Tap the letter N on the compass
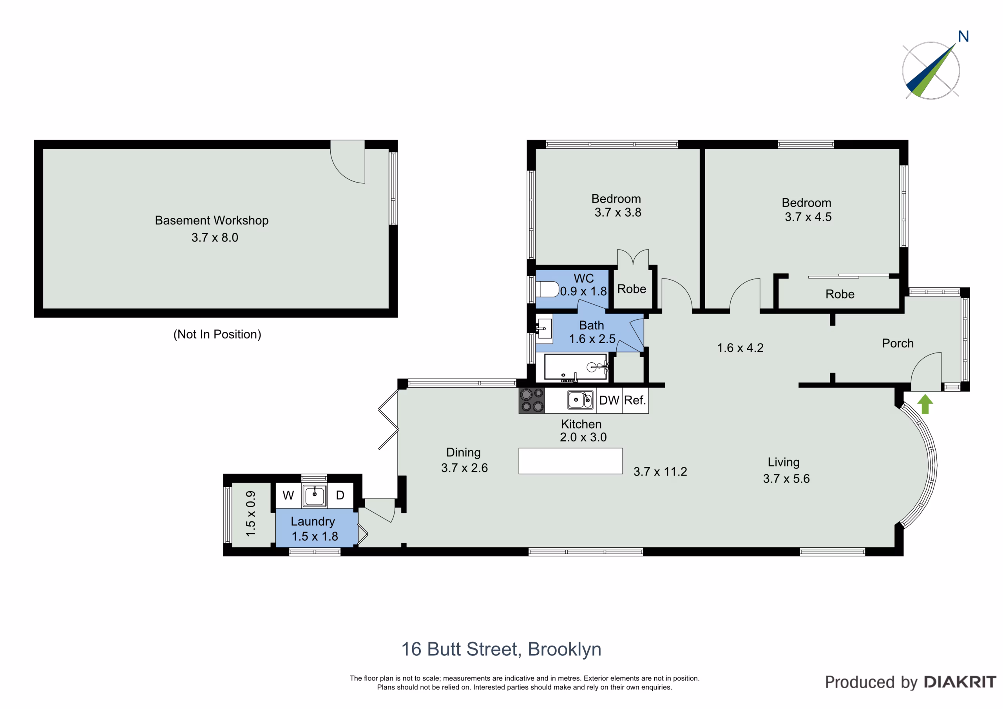[x=963, y=36]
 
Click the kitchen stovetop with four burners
[x=532, y=401]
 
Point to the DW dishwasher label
[x=609, y=400]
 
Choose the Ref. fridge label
[x=635, y=400]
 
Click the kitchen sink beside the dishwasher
[x=580, y=400]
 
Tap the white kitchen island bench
[x=570, y=461]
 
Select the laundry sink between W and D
[x=315, y=496]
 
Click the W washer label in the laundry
[x=288, y=496]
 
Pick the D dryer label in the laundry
[x=340, y=496]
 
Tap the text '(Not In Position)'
[x=217, y=334]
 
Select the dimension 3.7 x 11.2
[x=660, y=471]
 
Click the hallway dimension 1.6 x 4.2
[x=740, y=348]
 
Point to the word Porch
[x=898, y=344]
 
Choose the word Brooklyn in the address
[x=565, y=649]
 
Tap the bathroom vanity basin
[x=545, y=329]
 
